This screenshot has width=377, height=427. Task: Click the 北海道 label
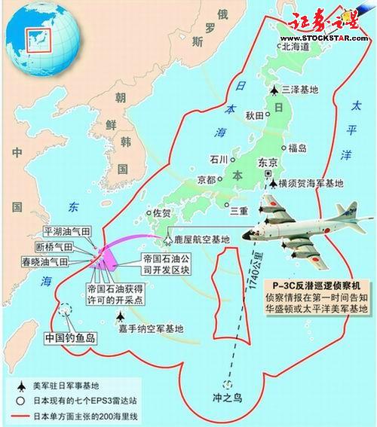coord(299,46)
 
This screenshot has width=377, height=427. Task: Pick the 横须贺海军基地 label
coord(311,183)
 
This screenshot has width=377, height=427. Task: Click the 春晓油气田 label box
coord(51,261)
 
